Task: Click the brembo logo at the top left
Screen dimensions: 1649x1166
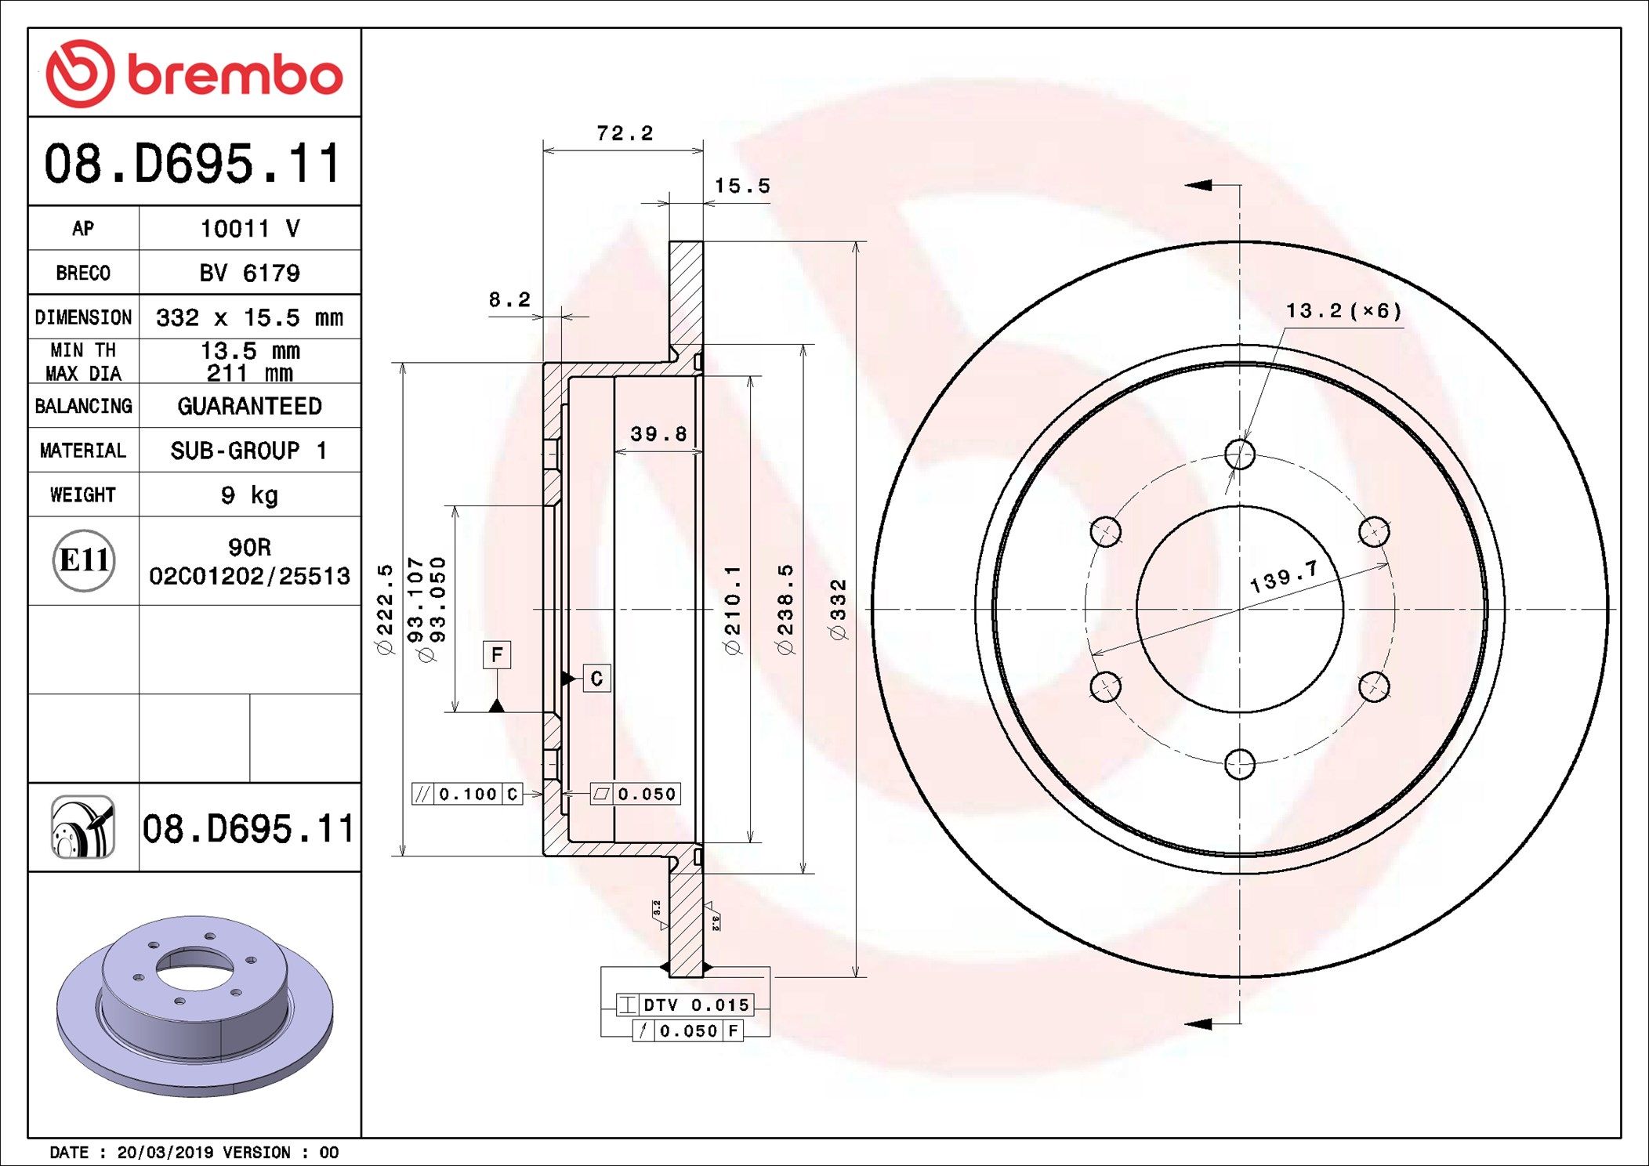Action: click(x=194, y=74)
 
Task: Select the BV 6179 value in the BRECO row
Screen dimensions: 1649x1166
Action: click(x=249, y=273)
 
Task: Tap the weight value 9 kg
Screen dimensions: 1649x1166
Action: click(x=249, y=495)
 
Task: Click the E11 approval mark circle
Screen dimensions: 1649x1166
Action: click(x=84, y=560)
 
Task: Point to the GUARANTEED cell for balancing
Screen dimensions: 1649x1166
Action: click(x=249, y=406)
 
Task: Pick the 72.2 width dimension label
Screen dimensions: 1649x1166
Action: click(x=625, y=133)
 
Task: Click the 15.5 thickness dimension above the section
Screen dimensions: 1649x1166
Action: click(x=742, y=186)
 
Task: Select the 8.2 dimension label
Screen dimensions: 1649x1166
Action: click(x=509, y=299)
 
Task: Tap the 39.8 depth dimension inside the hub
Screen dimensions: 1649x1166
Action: click(x=658, y=434)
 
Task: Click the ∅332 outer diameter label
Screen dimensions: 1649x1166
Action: click(x=839, y=610)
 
